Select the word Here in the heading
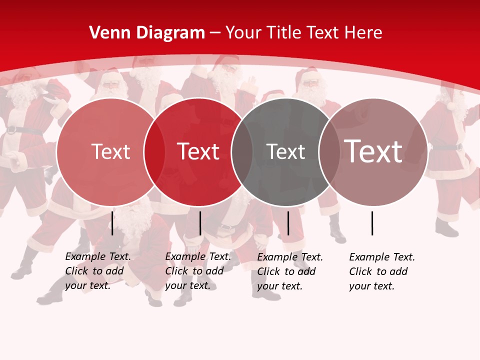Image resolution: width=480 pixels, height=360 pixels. (x=364, y=33)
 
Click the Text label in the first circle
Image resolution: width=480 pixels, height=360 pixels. (x=110, y=151)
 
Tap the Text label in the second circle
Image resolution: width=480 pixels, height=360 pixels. (x=198, y=151)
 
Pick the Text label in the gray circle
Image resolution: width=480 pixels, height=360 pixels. (x=285, y=151)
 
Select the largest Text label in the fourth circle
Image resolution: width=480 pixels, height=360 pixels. (x=373, y=151)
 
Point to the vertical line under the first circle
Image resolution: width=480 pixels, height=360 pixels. (x=112, y=223)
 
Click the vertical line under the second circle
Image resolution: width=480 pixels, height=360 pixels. (x=200, y=223)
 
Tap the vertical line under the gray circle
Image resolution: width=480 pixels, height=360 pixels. (x=288, y=223)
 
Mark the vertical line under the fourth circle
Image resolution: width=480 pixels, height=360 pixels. (x=372, y=223)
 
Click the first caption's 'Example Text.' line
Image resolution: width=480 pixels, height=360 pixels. (x=98, y=256)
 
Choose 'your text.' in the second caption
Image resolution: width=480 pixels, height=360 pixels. (x=187, y=285)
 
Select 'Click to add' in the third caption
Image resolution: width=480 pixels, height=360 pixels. (x=286, y=271)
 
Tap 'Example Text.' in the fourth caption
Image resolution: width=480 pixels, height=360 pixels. (x=382, y=257)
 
